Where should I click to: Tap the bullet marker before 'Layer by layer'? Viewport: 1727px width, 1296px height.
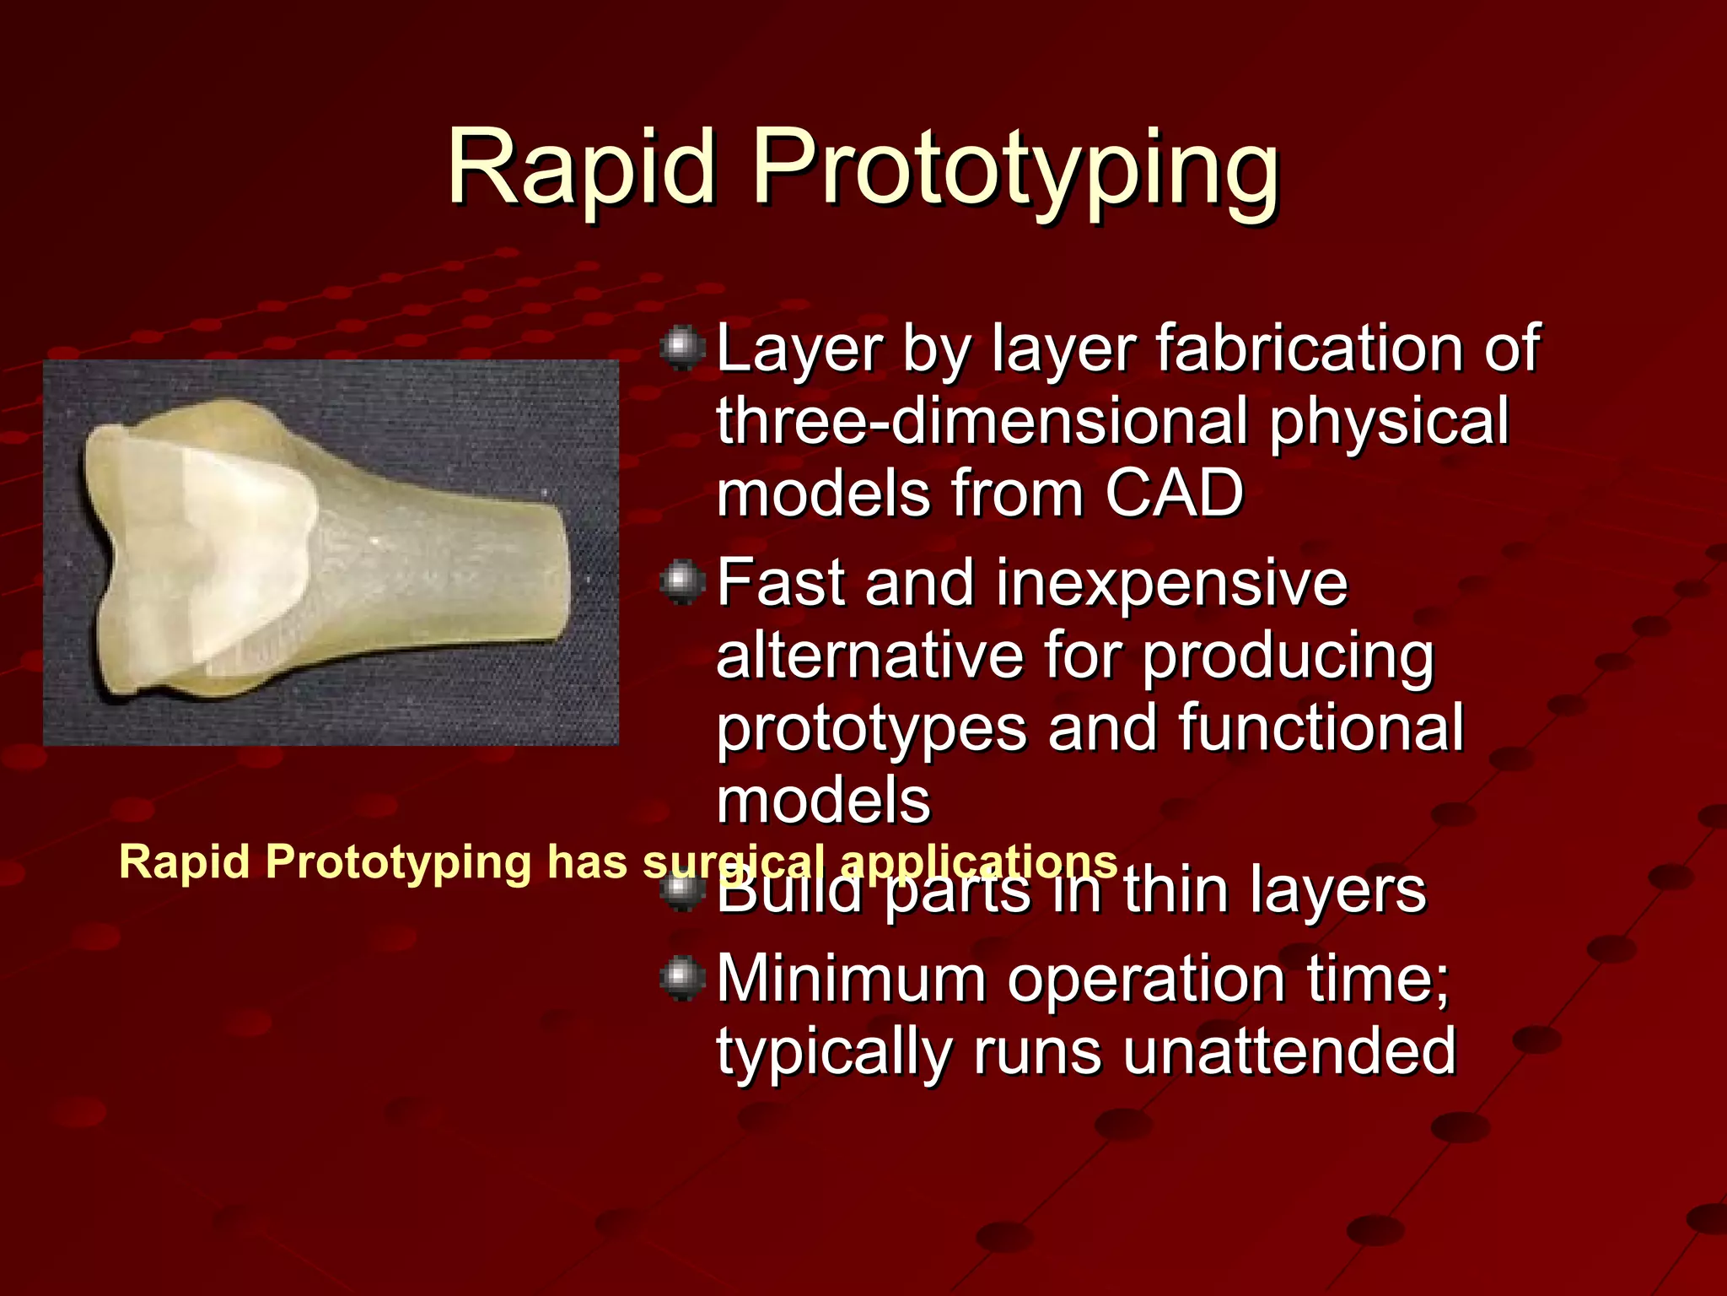click(x=681, y=348)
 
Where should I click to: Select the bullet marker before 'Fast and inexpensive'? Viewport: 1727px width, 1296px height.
click(x=681, y=582)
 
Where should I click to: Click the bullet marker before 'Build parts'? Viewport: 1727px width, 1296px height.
click(x=681, y=891)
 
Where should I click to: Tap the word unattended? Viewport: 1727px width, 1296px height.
click(x=1289, y=1051)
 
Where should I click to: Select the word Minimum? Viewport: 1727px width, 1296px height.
click(x=852, y=979)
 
